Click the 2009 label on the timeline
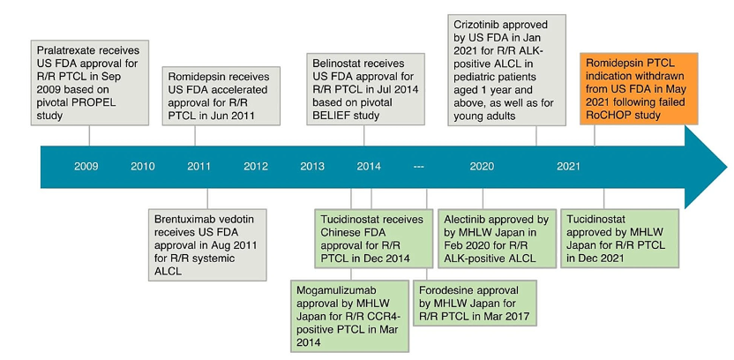click(86, 166)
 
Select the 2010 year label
click(143, 166)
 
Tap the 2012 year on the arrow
click(256, 166)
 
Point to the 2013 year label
click(312, 166)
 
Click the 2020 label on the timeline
click(482, 166)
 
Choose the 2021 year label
click(568, 166)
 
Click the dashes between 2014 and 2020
click(418, 167)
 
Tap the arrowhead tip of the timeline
click(727, 167)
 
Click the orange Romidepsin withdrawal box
click(639, 88)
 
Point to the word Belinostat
click(335, 64)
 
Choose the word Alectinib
click(462, 220)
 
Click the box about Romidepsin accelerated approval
click(221, 95)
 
